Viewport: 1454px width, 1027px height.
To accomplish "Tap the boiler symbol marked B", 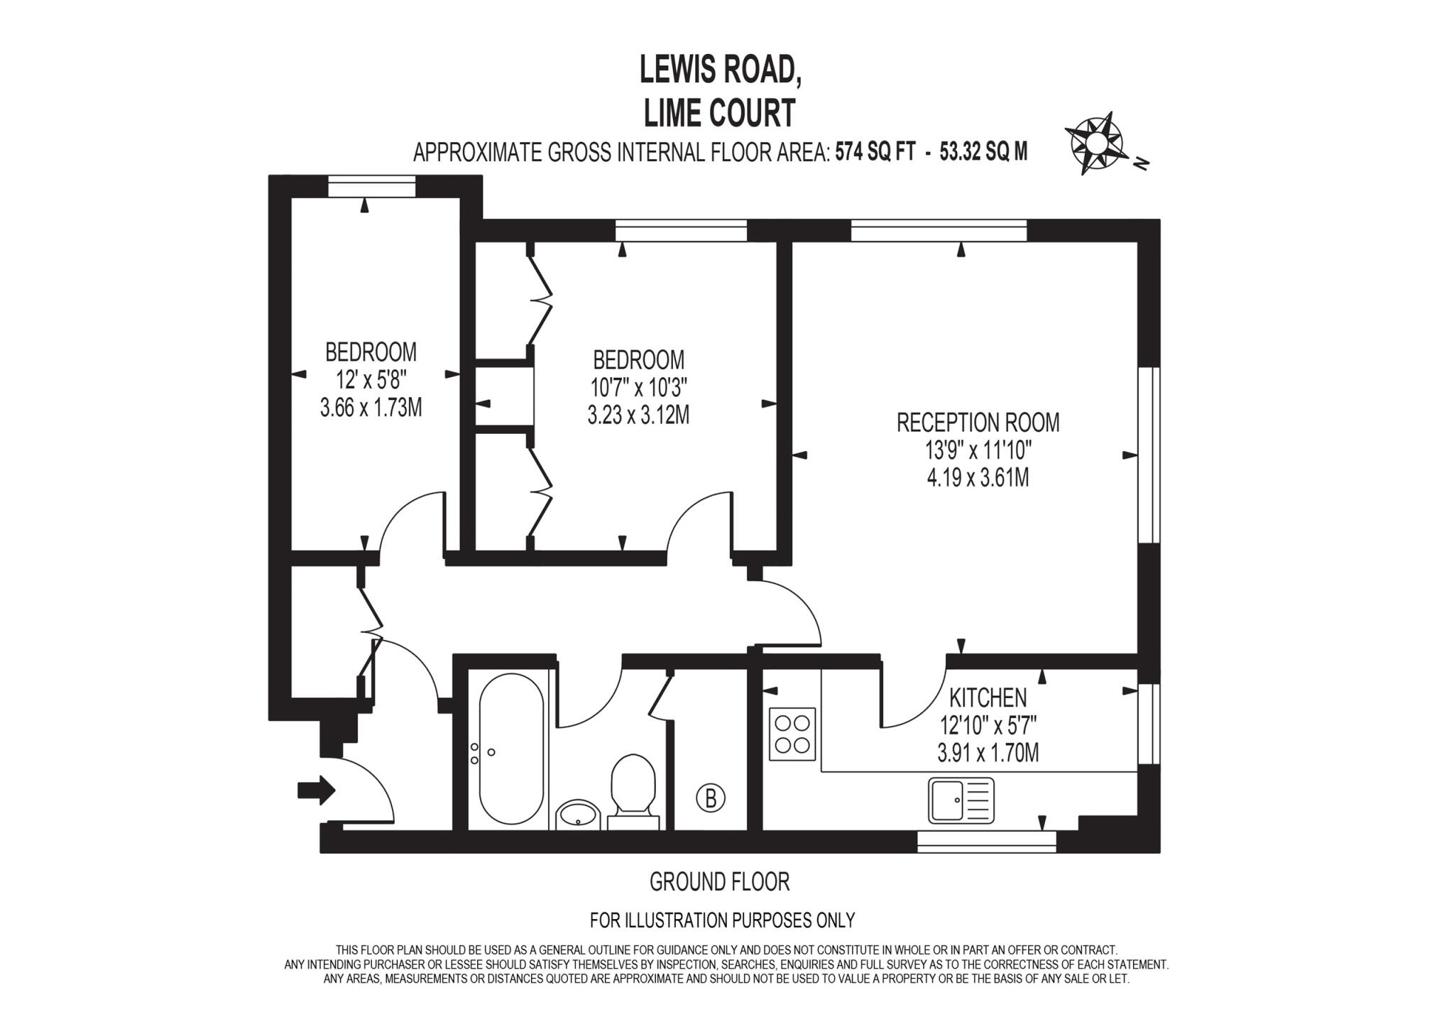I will click(x=710, y=798).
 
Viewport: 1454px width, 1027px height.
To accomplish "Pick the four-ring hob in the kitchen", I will click(x=792, y=734).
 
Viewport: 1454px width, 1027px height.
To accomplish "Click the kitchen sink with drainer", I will click(x=961, y=800).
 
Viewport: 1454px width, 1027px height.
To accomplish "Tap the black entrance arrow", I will click(x=317, y=789).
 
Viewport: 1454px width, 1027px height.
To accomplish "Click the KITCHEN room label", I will click(x=988, y=698).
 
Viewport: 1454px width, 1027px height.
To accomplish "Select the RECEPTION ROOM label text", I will click(x=978, y=423).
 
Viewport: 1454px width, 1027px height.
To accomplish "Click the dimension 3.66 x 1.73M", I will click(x=371, y=408).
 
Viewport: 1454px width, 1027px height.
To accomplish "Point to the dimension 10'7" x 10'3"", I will click(x=638, y=388).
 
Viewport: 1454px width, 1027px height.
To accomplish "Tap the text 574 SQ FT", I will click(x=875, y=152).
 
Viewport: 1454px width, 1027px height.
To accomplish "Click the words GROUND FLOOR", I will click(x=719, y=882).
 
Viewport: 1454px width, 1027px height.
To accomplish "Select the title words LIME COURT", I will click(x=719, y=114).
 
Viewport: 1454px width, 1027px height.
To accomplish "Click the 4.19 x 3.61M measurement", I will click(x=978, y=478).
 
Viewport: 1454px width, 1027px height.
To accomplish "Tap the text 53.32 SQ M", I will click(x=983, y=152).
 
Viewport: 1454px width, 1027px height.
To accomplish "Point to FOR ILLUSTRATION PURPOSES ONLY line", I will click(x=722, y=920).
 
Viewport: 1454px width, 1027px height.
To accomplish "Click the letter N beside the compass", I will click(x=1142, y=164).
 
